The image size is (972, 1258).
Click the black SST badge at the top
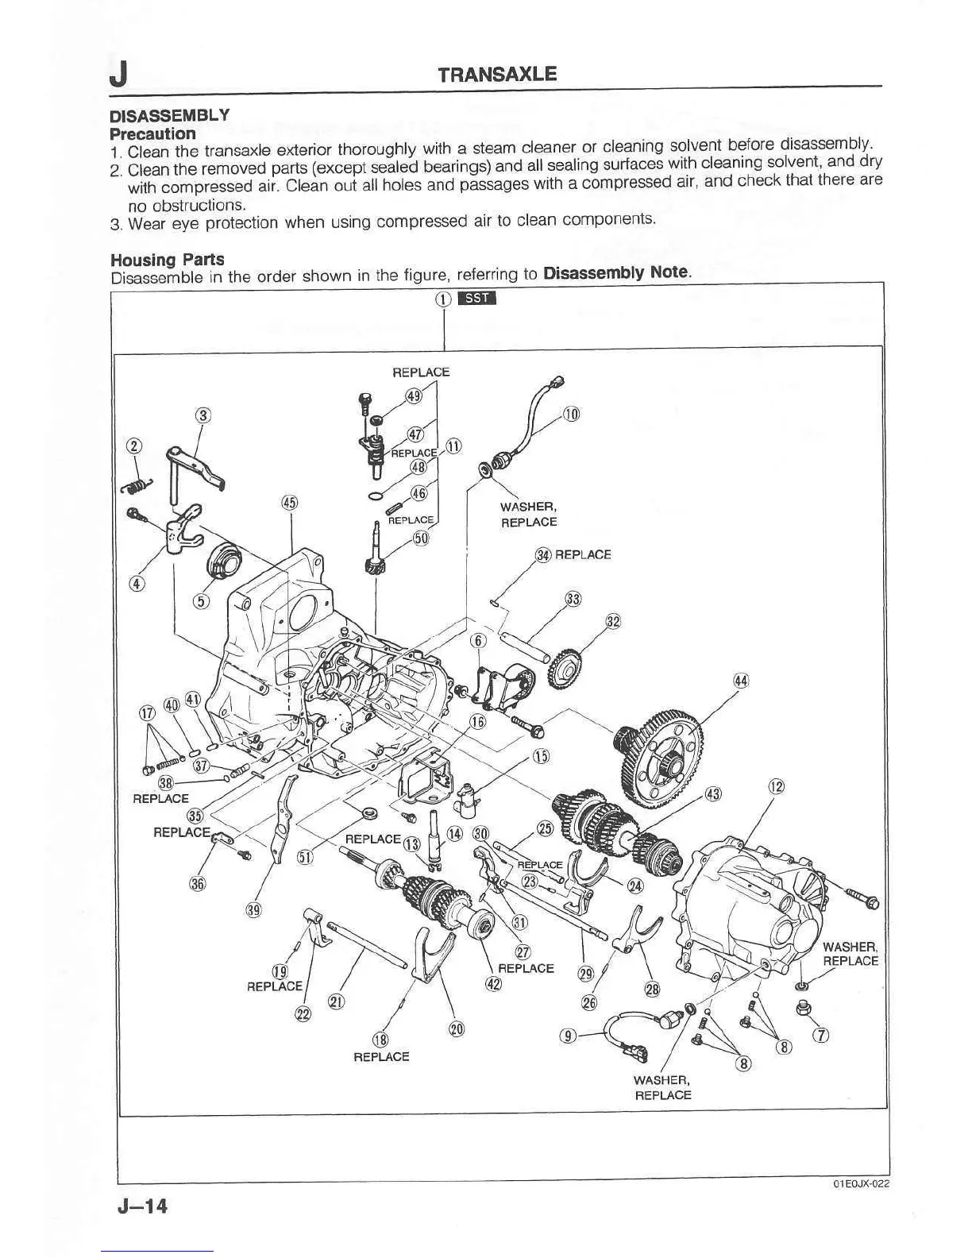pos(478,299)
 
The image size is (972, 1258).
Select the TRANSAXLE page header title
pos(498,75)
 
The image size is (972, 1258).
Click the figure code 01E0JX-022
pos(861,1183)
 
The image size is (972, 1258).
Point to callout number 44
pos(741,681)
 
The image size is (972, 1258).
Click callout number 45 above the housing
pos(290,502)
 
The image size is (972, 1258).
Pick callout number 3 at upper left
pos(204,415)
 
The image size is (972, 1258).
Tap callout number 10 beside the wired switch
pos(572,414)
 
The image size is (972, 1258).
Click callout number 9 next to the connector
pos(567,1035)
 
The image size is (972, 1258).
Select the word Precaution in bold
pos(152,133)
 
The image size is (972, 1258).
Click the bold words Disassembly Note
pos(617,273)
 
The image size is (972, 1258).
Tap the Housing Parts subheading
pos(167,260)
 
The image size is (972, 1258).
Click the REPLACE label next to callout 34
pos(583,554)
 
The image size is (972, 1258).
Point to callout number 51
pos(304,858)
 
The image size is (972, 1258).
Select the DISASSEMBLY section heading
pos(169,116)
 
